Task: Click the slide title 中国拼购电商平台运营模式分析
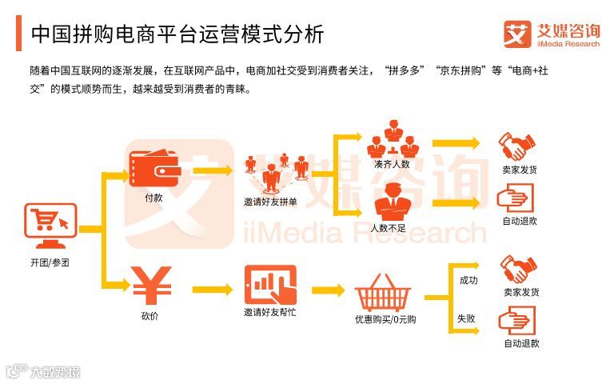click(x=177, y=34)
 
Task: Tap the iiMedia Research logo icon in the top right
click(x=517, y=34)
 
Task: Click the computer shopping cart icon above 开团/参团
click(x=50, y=226)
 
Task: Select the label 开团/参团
click(x=50, y=262)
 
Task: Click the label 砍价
click(x=150, y=316)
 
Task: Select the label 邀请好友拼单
click(x=270, y=202)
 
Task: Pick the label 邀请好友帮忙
click(x=270, y=312)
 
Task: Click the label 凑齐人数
click(x=392, y=165)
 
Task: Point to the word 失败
click(x=467, y=318)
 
